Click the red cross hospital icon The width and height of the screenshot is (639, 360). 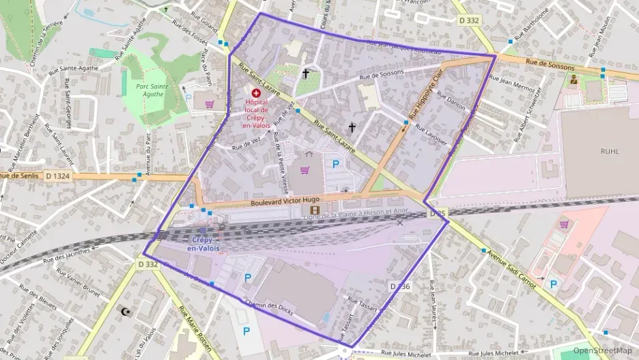coord(257,92)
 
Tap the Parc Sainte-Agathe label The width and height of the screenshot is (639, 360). coord(152,89)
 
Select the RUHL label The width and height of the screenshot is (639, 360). coord(610,151)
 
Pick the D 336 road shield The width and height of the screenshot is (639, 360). coord(400,286)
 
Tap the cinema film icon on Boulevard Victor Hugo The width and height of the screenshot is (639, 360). coord(314,210)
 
